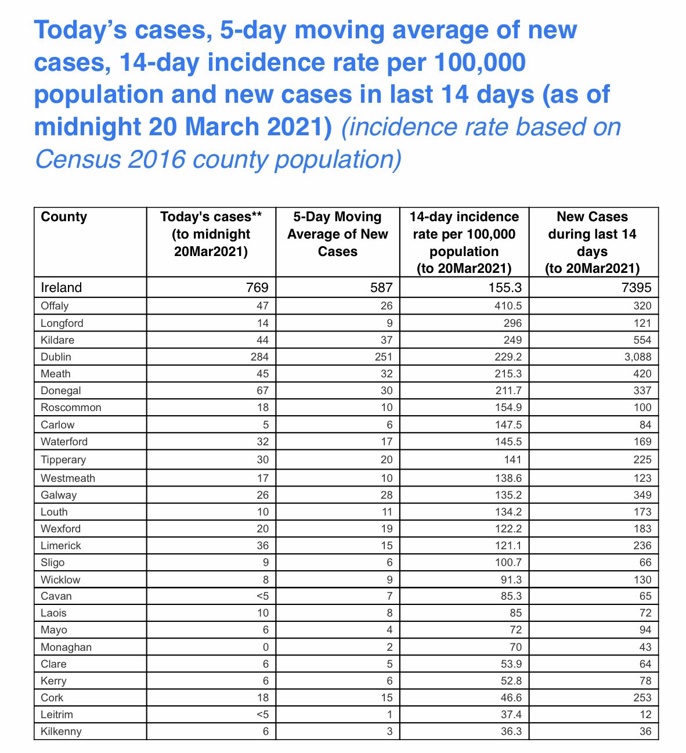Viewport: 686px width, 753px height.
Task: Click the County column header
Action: click(64, 217)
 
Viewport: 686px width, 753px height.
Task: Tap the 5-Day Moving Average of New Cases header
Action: click(337, 234)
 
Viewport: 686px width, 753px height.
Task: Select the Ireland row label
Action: click(62, 287)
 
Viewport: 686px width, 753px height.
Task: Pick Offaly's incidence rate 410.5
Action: click(508, 306)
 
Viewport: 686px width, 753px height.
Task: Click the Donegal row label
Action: click(61, 391)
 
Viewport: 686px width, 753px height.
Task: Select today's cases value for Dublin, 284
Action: click(258, 357)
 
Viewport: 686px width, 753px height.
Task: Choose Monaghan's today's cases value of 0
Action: click(265, 647)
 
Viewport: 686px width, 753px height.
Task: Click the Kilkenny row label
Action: click(61, 732)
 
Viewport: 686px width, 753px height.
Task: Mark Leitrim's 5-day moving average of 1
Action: click(389, 715)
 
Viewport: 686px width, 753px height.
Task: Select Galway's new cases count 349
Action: click(642, 495)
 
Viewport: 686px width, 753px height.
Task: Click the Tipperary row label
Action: click(63, 460)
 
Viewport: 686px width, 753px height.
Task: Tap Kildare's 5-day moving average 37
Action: click(387, 340)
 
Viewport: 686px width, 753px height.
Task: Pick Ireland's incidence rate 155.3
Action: click(506, 287)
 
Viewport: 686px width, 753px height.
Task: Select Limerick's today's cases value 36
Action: click(262, 546)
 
